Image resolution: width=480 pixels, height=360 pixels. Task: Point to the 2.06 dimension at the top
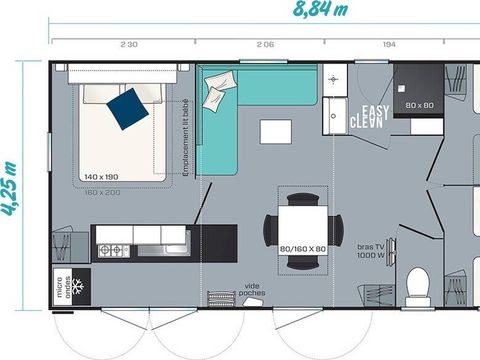pos(264,44)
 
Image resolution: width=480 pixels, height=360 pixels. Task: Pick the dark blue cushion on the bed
pos(127,108)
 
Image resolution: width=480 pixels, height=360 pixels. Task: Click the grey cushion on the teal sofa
pos(216,94)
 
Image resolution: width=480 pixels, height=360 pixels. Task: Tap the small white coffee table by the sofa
pos(271,132)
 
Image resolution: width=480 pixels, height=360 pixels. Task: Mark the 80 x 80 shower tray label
pos(419,103)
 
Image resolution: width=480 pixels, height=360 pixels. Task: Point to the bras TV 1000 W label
pos(373,250)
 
